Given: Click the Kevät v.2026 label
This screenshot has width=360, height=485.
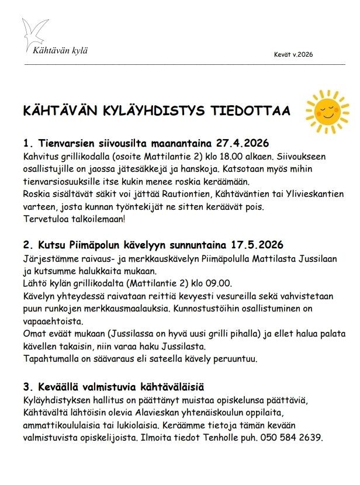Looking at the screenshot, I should pyautogui.click(x=293, y=54).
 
